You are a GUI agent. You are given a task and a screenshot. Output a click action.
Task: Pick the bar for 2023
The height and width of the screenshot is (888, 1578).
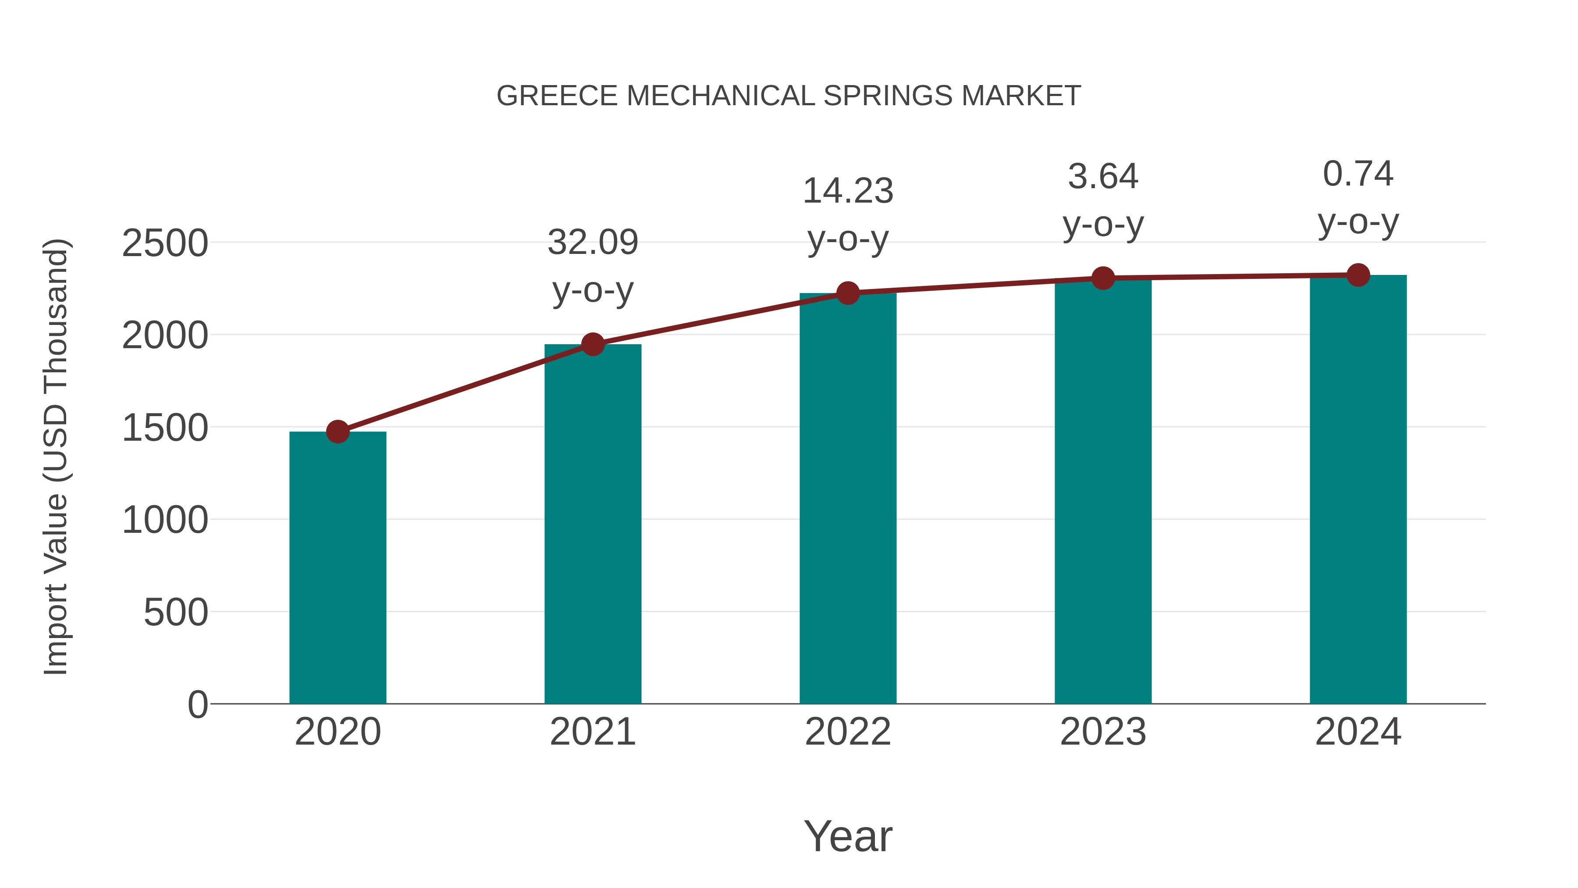pos(1103,490)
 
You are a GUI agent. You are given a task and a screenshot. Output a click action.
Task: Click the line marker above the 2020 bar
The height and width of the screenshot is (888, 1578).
pos(338,432)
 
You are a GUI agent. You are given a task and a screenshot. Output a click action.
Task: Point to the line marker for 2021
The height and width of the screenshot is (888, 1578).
pos(592,344)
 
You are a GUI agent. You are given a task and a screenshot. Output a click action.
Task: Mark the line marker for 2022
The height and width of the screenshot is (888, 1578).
pos(848,293)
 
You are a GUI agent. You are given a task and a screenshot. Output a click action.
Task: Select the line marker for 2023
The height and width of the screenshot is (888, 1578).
pos(1103,278)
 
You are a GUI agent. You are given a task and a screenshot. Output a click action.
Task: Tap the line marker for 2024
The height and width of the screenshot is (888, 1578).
pos(1358,275)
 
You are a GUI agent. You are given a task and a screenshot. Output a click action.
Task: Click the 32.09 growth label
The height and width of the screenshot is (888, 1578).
pos(592,242)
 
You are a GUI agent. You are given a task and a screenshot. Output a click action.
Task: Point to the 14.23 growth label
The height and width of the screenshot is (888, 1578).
pos(848,191)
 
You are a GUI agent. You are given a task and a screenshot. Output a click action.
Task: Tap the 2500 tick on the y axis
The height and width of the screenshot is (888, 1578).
pos(165,243)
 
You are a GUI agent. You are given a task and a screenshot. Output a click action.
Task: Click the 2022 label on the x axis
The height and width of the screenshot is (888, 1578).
pos(848,732)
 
